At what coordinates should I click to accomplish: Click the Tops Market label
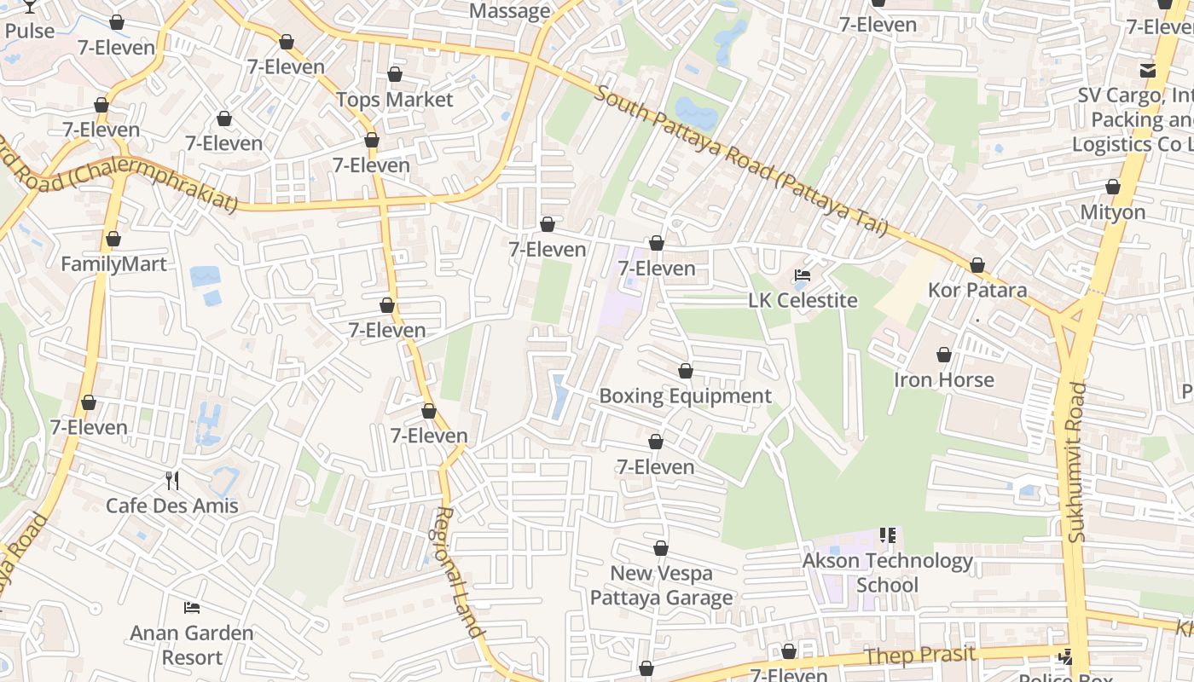click(394, 100)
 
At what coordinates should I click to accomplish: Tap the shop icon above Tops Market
click(394, 75)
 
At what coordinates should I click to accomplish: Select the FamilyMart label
click(113, 264)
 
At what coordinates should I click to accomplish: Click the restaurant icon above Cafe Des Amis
click(172, 481)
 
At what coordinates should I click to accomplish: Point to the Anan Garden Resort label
click(192, 645)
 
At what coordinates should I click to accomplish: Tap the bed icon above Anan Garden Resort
click(192, 608)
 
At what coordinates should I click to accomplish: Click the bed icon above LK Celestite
click(803, 275)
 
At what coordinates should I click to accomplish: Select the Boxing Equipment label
click(685, 396)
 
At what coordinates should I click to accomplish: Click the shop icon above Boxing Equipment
click(685, 372)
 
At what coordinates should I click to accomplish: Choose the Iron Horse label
click(943, 380)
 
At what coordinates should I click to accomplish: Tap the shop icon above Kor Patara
click(977, 266)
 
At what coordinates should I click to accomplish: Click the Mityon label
click(1112, 211)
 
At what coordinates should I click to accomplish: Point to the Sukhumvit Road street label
click(1077, 461)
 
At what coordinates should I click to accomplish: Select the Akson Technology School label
click(887, 573)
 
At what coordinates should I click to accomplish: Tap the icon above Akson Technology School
click(887, 535)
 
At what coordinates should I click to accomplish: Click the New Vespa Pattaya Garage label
click(661, 586)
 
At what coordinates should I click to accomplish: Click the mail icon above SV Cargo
click(1148, 70)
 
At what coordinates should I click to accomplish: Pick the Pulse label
click(29, 32)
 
